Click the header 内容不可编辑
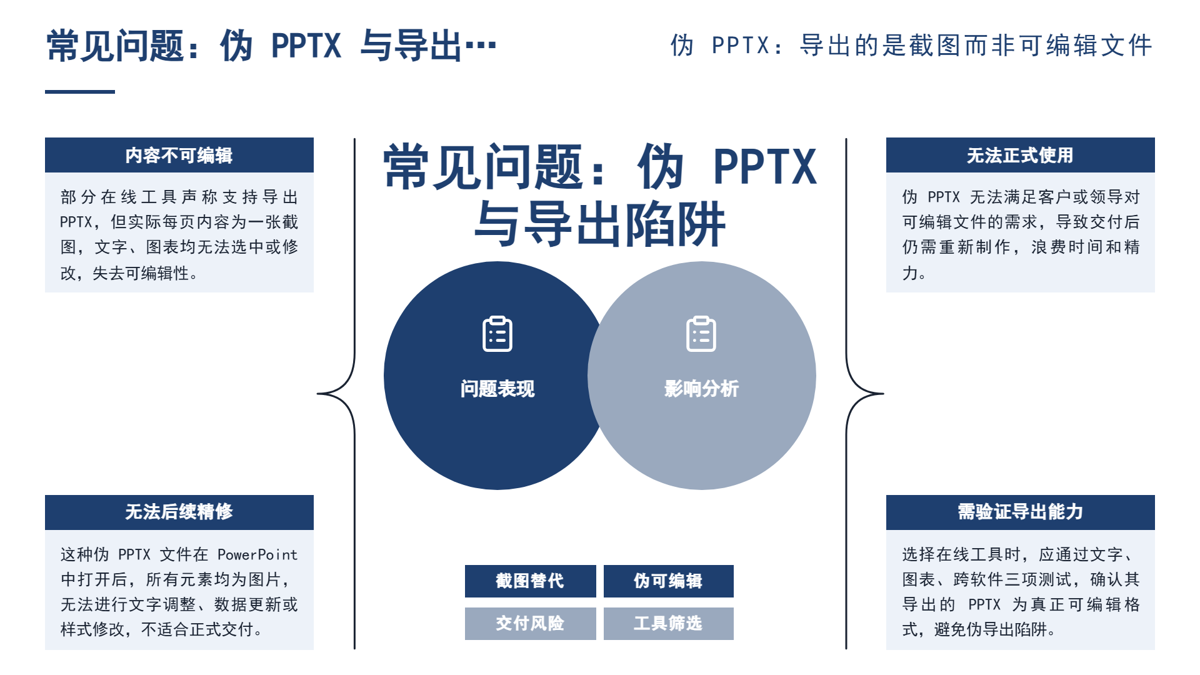179,155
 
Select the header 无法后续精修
179,512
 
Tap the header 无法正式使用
1020,155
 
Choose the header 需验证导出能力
1020,512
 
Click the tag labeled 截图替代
530,581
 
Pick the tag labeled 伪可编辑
668,581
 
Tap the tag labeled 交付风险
530,623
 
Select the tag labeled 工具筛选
668,623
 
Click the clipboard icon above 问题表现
497,334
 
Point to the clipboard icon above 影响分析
701,334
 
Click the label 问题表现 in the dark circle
497,389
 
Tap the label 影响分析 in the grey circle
701,389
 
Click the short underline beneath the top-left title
80,92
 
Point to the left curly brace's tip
317,394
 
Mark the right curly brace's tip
883,394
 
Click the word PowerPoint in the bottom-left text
257,554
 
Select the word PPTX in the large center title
765,167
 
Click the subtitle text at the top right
911,46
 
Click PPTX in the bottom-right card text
984,604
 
